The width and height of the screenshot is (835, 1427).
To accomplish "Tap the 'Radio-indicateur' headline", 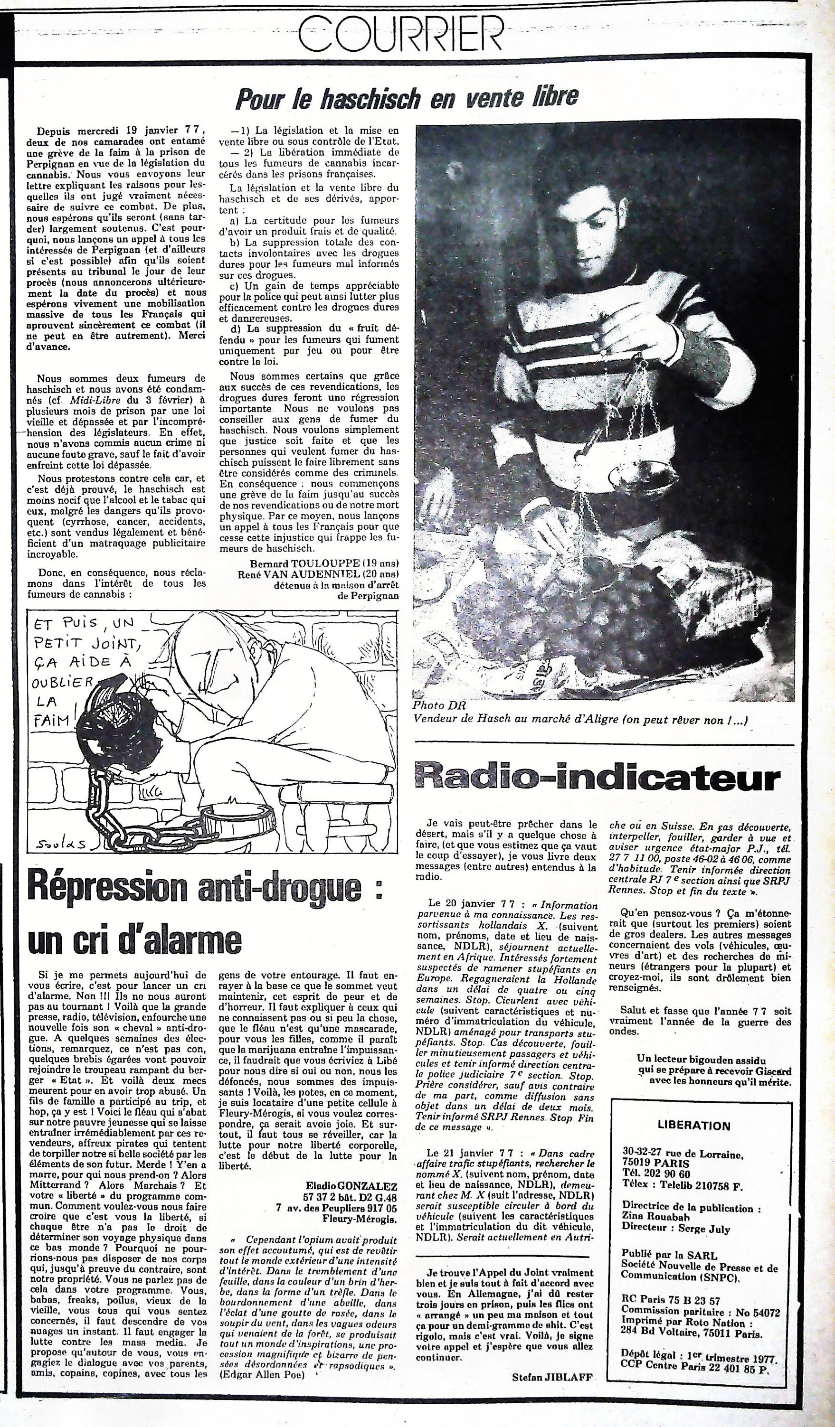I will tap(597, 779).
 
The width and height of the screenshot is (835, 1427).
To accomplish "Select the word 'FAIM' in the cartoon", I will tap(52, 720).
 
